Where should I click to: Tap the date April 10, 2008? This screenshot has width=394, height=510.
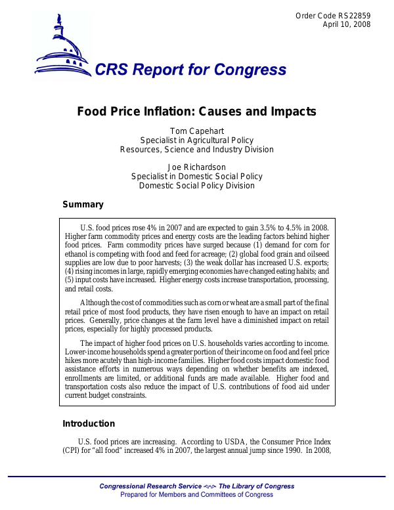[347, 24]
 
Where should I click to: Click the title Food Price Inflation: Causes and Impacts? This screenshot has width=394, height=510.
[196, 112]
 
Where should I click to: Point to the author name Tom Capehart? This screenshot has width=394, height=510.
[196, 131]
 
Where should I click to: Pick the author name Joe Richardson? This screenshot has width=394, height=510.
[196, 167]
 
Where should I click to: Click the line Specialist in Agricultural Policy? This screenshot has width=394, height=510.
[196, 140]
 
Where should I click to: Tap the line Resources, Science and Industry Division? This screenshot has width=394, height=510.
[196, 149]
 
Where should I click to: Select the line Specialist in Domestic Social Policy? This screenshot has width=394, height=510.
[196, 176]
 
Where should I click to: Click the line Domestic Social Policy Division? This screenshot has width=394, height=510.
[196, 185]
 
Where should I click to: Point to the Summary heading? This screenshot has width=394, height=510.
[83, 205]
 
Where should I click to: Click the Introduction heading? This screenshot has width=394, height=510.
[88, 423]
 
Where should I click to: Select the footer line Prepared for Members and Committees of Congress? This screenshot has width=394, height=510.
[196, 494]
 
